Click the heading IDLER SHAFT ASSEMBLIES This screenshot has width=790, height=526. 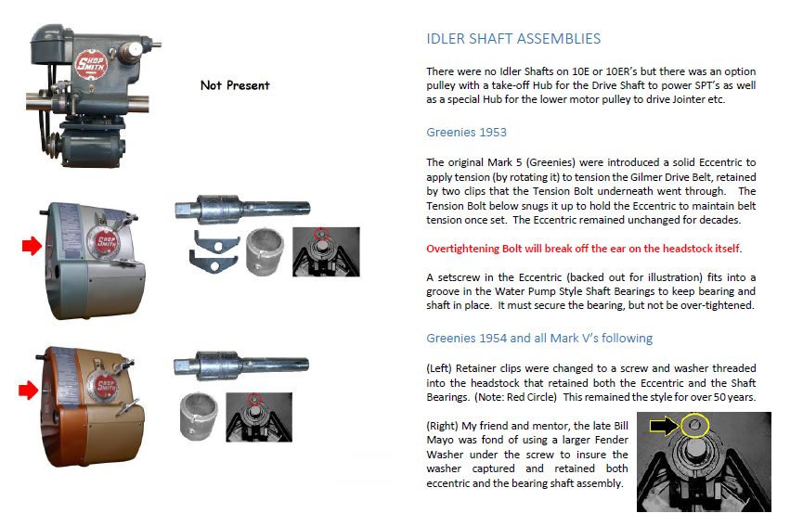click(x=513, y=39)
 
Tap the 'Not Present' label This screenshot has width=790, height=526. click(x=235, y=85)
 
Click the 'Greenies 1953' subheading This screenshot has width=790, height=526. click(x=467, y=133)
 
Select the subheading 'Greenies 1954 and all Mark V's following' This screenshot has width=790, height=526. click(x=539, y=339)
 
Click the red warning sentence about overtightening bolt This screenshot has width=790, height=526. click(x=584, y=249)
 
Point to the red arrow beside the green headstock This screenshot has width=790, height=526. click(x=32, y=246)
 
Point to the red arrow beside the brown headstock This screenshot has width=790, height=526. click(x=28, y=391)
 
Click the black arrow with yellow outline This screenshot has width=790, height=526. click(x=665, y=425)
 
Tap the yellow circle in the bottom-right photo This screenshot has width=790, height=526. click(x=695, y=425)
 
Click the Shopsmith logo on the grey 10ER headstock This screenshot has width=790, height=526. click(x=91, y=64)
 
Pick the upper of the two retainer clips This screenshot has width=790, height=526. click(x=216, y=241)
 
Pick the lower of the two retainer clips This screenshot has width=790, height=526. click(x=214, y=262)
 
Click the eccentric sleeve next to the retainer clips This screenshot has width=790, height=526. click(x=265, y=251)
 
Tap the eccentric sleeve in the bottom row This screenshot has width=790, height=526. click(x=199, y=417)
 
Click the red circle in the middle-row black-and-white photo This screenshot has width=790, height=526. click(x=321, y=234)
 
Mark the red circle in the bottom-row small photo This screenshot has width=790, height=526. click(x=255, y=399)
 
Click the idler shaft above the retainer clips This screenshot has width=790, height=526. click(x=243, y=209)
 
